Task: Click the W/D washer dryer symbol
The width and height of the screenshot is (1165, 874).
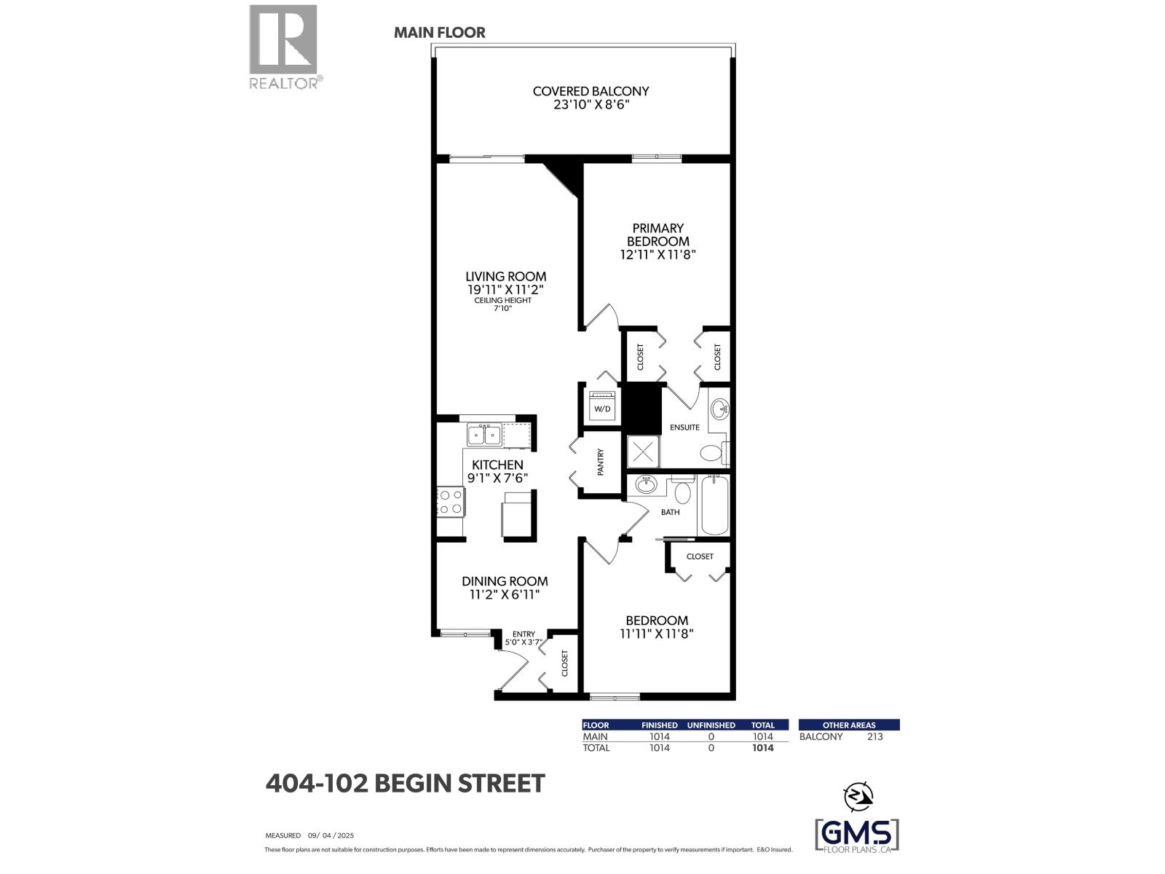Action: (x=602, y=406)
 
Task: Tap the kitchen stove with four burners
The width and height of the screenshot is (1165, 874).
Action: (x=451, y=501)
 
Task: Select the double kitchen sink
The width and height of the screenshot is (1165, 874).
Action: (x=484, y=435)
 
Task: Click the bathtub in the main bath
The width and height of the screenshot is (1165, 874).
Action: (x=714, y=505)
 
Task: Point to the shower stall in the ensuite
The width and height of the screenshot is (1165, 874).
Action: (x=644, y=452)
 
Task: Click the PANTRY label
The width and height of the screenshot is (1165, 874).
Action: (x=601, y=462)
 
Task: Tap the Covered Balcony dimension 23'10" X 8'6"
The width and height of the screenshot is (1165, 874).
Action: (x=591, y=105)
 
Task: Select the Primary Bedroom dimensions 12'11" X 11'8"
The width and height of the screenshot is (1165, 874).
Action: (x=658, y=255)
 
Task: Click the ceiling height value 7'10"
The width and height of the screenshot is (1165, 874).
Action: (x=503, y=309)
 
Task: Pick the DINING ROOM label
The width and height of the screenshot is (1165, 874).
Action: (x=505, y=581)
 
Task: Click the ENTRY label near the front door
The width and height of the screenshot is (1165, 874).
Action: (x=524, y=634)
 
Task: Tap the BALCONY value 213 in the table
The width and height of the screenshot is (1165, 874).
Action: (x=874, y=736)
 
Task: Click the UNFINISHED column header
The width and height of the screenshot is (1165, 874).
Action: (x=711, y=725)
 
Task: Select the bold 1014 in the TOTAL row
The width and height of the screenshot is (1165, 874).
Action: (x=762, y=748)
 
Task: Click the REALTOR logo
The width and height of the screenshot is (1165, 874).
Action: (x=284, y=47)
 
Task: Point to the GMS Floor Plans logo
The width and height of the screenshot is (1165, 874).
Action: (x=856, y=834)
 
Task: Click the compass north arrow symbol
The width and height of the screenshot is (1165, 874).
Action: (x=858, y=796)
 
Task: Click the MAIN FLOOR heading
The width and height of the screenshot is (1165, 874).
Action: (x=440, y=33)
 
